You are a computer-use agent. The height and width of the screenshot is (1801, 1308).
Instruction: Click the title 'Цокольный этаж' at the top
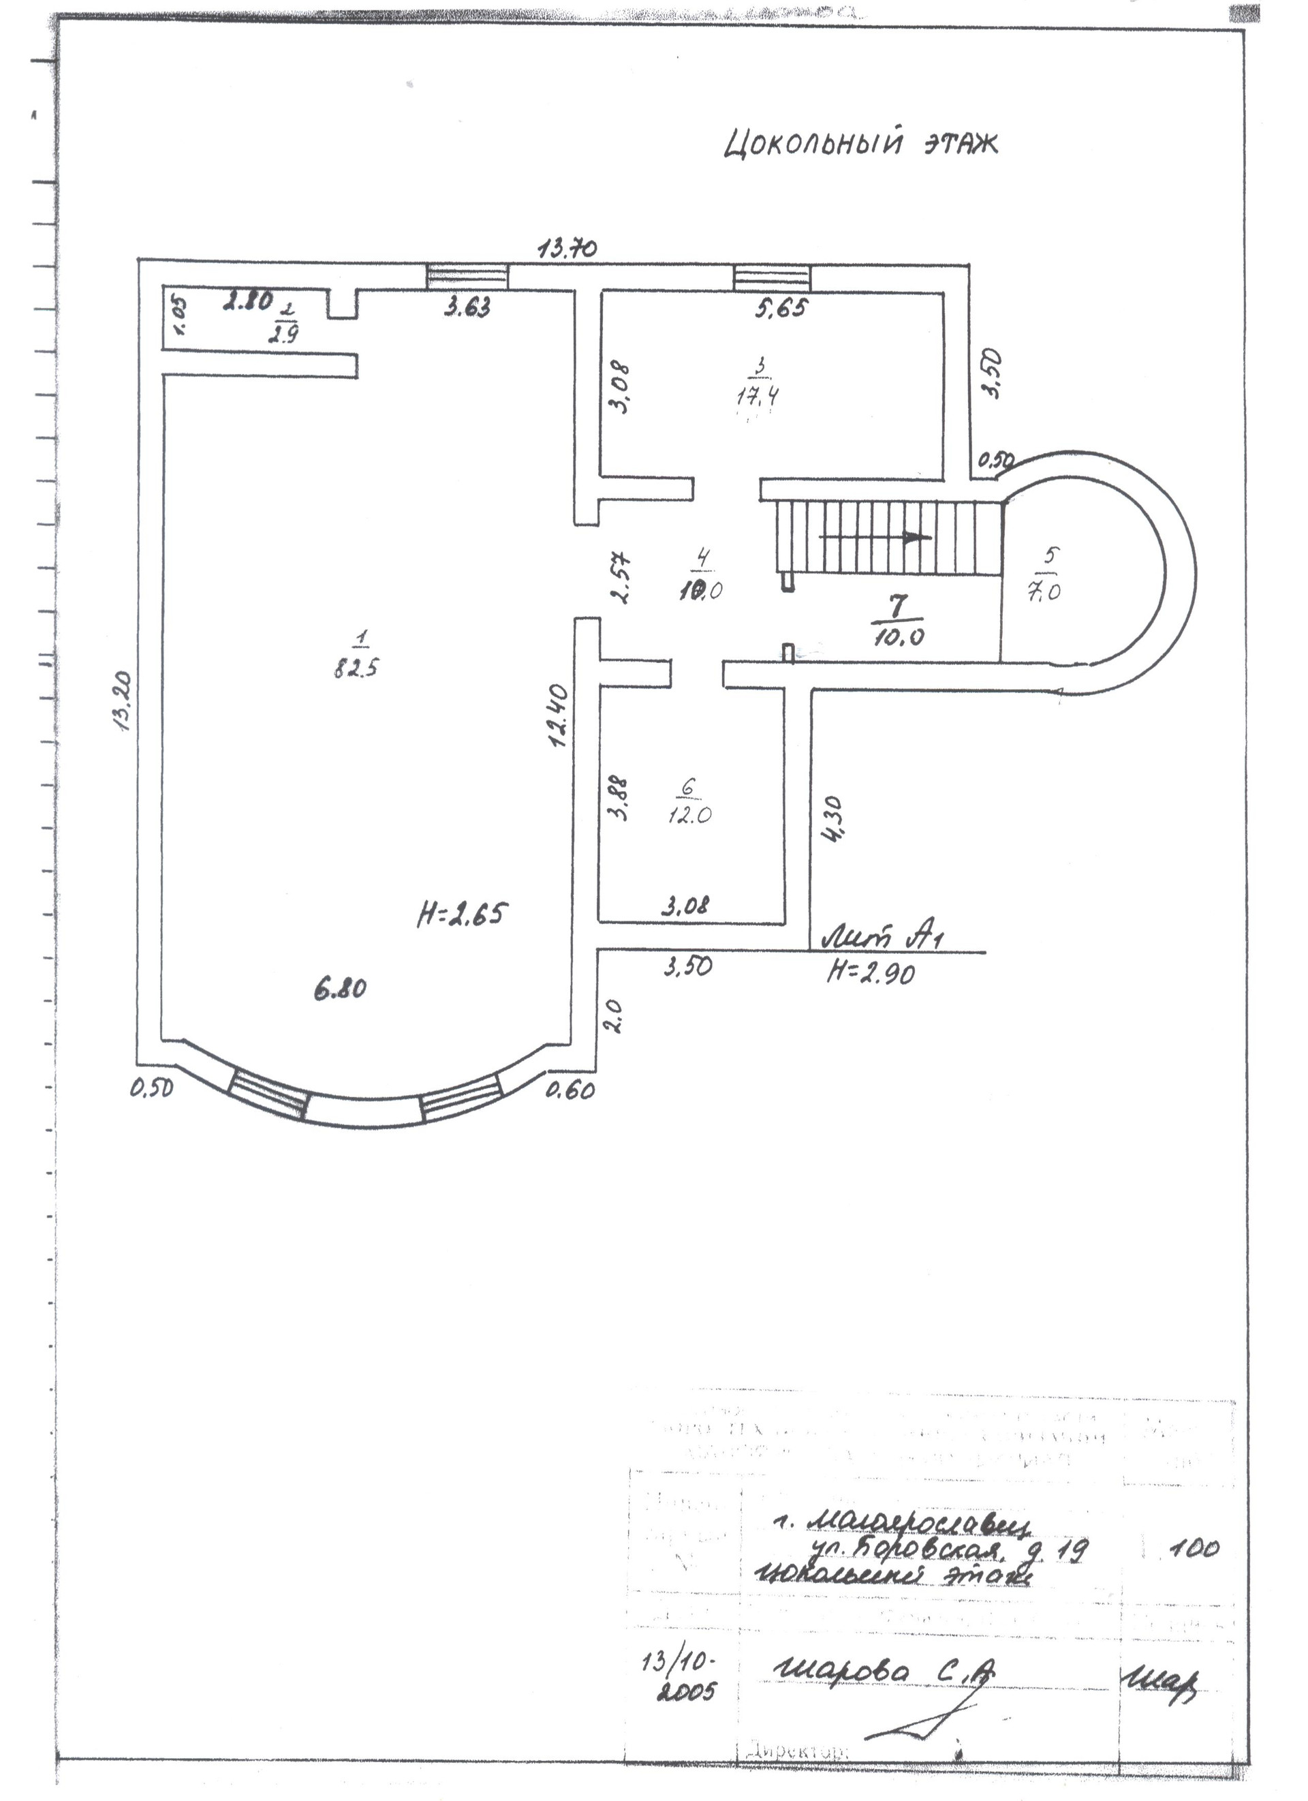point(860,144)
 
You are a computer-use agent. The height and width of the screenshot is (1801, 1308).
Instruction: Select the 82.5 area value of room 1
point(356,667)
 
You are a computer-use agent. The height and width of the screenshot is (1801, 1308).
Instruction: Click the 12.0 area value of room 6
point(688,816)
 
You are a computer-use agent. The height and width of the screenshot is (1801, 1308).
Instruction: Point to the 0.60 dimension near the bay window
point(570,1091)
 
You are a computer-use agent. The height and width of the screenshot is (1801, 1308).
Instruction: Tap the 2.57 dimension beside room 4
point(624,577)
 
